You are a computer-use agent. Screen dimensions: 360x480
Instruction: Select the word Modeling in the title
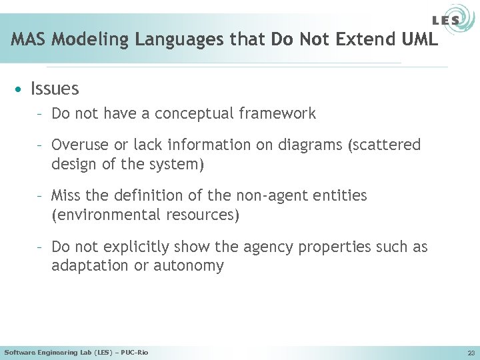pos(91,39)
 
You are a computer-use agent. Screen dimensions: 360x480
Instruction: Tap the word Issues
pos(55,89)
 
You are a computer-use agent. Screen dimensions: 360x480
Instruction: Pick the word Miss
pos(65,196)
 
